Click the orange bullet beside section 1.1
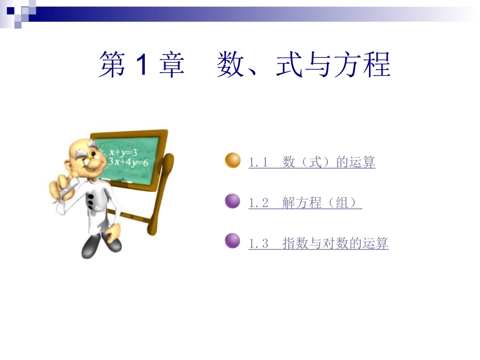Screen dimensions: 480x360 (x=232, y=160)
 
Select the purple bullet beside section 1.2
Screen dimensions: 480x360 (x=232, y=201)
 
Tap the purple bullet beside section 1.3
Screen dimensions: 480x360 (x=232, y=241)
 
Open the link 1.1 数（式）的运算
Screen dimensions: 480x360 (x=312, y=162)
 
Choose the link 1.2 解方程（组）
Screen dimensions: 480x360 (x=305, y=202)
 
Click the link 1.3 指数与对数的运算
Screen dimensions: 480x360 (x=318, y=243)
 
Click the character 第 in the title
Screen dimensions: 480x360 (x=112, y=64)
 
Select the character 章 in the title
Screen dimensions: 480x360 (x=171, y=64)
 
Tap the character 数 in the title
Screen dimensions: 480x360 (x=230, y=64)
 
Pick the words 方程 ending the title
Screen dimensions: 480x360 (x=362, y=64)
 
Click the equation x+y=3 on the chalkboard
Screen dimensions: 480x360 (x=123, y=152)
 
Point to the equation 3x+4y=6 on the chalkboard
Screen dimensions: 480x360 (x=128, y=162)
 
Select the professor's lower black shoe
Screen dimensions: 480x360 (x=90, y=246)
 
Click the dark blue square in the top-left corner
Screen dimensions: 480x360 (x=11, y=11)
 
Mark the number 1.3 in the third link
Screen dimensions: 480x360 (x=258, y=244)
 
